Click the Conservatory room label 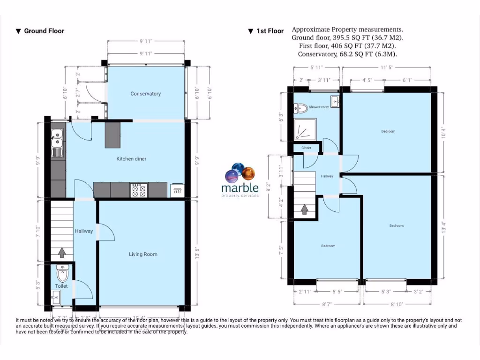click(x=145, y=94)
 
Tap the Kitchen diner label click(x=131, y=159)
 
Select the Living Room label click(x=143, y=254)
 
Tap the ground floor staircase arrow click(x=61, y=254)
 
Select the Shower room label click(x=319, y=107)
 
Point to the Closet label click(x=306, y=148)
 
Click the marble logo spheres click(x=240, y=172)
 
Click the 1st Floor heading click(x=266, y=31)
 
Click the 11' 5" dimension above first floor click(x=386, y=68)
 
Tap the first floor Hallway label click(x=327, y=176)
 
